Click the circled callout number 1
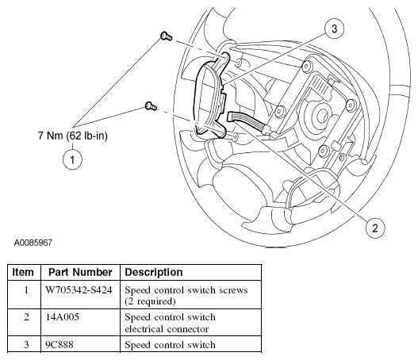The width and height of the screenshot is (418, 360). (75, 159)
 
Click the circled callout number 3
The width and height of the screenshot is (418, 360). (336, 29)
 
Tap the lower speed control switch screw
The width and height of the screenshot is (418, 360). (151, 105)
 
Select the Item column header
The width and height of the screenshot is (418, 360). (23, 272)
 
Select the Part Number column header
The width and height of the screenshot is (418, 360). (79, 272)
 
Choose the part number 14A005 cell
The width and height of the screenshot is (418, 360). (63, 317)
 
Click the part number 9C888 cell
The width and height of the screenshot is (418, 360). (61, 344)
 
